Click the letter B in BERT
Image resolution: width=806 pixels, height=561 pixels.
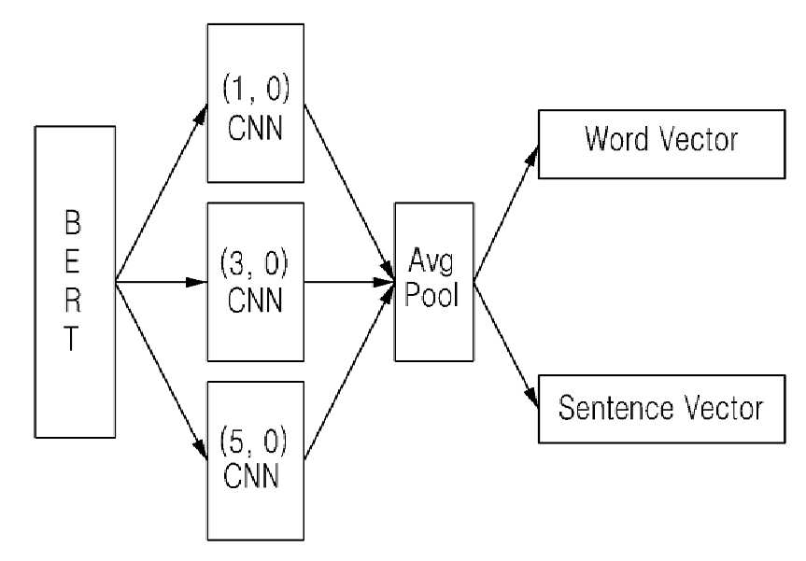click(73, 222)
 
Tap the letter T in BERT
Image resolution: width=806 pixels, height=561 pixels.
click(72, 338)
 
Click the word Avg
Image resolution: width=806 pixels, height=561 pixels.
click(431, 261)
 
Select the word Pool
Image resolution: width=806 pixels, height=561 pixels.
click(431, 294)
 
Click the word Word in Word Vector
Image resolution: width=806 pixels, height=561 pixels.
click(617, 139)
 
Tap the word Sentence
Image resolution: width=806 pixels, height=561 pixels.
click(615, 408)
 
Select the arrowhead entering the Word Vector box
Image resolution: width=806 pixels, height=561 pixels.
click(532, 155)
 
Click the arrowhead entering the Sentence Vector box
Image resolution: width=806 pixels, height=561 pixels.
click(531, 398)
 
